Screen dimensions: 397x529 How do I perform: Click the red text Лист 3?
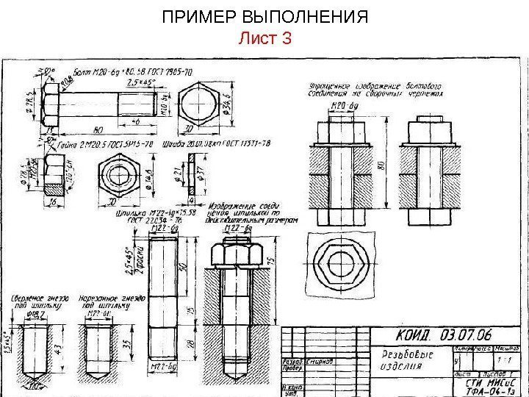click(x=265, y=38)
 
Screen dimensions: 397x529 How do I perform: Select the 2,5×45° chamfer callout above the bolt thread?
click(x=140, y=83)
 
